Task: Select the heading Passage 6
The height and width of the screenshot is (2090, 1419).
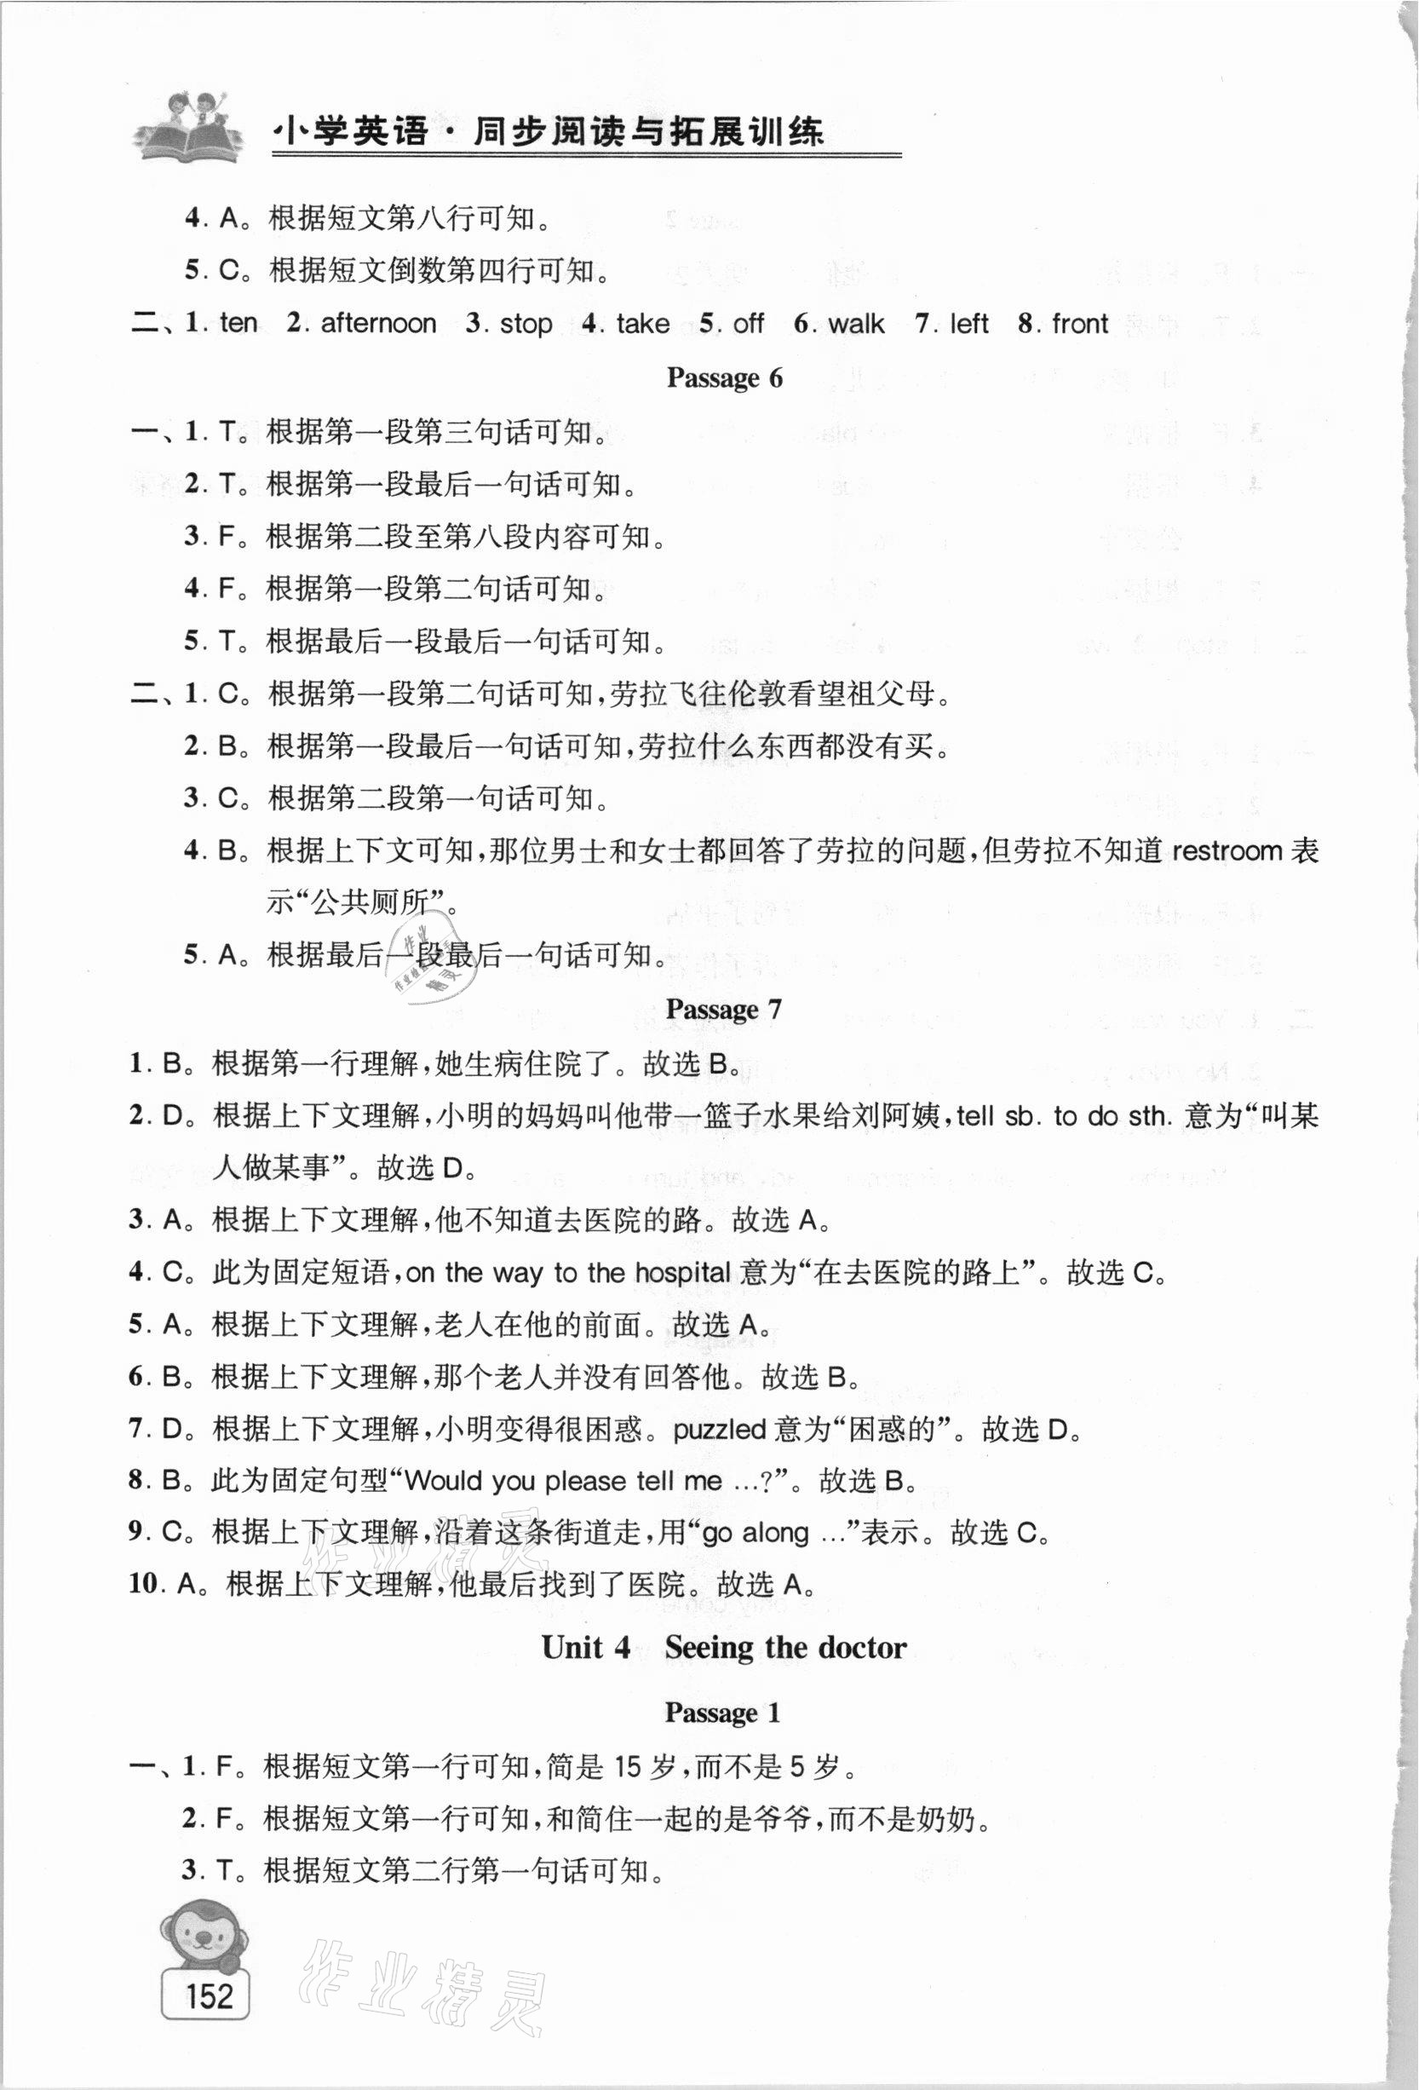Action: [724, 377]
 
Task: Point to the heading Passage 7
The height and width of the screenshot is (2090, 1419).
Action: [724, 1009]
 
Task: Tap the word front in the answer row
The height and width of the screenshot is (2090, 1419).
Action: [1080, 323]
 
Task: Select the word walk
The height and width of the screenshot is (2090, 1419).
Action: [856, 323]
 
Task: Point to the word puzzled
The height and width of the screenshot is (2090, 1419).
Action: [720, 1429]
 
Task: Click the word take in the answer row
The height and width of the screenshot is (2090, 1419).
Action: [643, 323]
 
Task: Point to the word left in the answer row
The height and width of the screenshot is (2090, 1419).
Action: [968, 323]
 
